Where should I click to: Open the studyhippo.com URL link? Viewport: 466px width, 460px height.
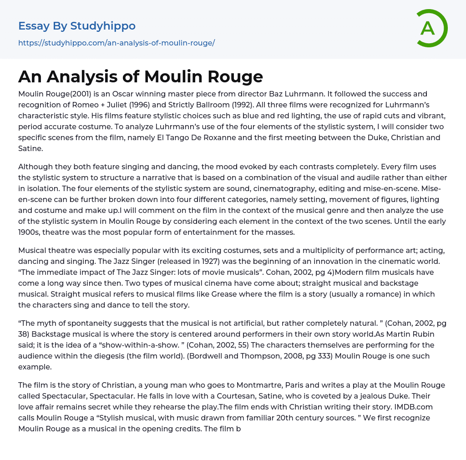[x=116, y=43]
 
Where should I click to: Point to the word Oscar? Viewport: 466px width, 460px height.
[x=120, y=94]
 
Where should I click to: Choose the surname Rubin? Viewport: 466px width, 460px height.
[x=422, y=334]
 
